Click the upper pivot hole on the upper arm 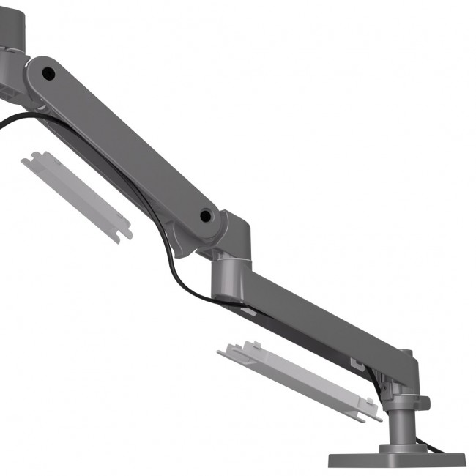pos(48,73)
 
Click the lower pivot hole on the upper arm pos(207,216)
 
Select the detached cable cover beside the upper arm pos(77,194)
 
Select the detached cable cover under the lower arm pos(300,381)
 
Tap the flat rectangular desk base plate pos(395,458)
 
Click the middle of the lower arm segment pos(315,315)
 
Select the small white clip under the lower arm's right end pos(357,362)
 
